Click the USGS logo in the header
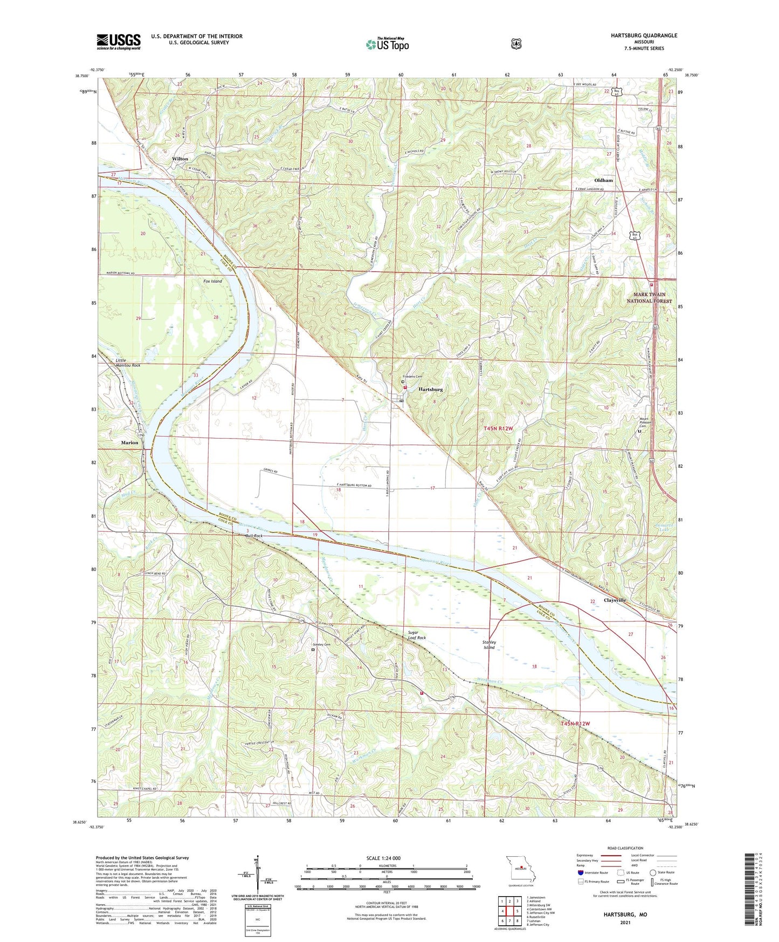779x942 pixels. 119,42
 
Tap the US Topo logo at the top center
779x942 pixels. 387,44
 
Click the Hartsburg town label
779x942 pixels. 431,389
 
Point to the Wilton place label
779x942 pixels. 180,159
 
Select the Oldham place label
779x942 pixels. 603,180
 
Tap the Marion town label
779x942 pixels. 129,442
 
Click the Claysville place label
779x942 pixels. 615,600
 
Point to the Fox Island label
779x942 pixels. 212,281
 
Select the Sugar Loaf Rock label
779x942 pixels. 417,634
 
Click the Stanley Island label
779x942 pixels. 489,645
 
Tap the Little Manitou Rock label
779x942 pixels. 128,363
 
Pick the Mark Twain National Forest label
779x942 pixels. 649,298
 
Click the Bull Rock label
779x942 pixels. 254,536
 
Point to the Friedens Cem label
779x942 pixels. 412,377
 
